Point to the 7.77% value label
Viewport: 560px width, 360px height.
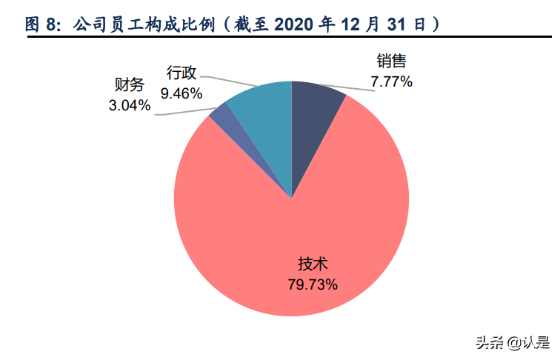[x=392, y=81]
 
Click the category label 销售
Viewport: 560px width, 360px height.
[x=392, y=63]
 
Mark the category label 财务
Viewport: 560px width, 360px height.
[x=130, y=86]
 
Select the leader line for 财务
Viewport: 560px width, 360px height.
[x=185, y=113]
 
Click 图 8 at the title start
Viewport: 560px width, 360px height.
[x=41, y=24]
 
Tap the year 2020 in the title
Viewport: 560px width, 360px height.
[x=296, y=24]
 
